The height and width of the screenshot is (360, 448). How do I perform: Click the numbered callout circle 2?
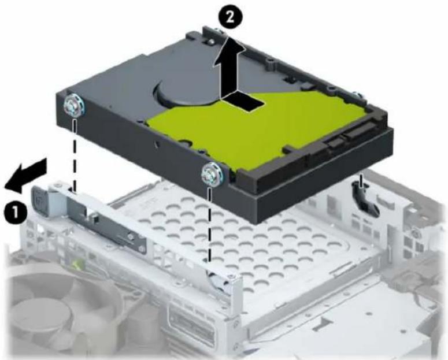tap(231, 18)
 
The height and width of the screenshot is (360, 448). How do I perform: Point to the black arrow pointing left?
tap(25, 176)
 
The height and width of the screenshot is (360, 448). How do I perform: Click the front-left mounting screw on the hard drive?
tap(75, 106)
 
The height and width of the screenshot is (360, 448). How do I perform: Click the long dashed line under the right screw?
tap(210, 224)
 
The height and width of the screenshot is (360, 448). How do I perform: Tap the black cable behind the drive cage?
tap(365, 199)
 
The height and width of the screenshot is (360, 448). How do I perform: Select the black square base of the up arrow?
tap(243, 102)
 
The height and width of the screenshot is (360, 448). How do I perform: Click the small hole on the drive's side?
tap(156, 142)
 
